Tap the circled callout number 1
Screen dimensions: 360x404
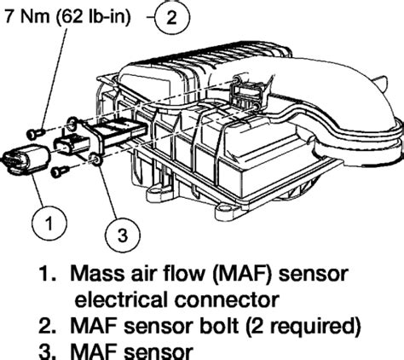pyautogui.click(x=49, y=224)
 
